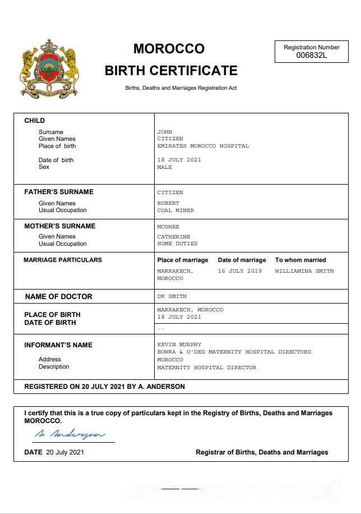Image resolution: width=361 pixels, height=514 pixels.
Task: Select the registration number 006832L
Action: click(312, 55)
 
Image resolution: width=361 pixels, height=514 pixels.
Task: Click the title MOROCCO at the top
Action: click(169, 49)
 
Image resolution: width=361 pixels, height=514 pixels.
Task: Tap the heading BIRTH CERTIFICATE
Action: click(171, 71)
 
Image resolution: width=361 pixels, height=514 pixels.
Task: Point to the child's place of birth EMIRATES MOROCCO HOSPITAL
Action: click(203, 146)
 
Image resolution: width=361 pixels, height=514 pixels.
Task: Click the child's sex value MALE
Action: click(165, 167)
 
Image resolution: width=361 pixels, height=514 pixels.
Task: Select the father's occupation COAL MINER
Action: click(175, 210)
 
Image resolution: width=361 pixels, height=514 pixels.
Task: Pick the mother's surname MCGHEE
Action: click(168, 227)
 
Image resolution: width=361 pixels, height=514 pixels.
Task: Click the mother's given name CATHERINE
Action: click(174, 237)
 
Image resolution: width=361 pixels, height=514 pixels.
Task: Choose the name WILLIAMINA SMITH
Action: click(304, 271)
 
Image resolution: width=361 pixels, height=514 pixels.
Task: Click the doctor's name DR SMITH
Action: click(172, 296)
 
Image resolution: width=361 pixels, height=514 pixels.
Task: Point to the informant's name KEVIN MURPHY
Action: click(179, 345)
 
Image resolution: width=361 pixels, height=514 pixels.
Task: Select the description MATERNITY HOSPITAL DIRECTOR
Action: click(206, 368)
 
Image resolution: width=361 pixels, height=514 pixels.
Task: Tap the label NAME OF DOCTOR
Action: click(59, 296)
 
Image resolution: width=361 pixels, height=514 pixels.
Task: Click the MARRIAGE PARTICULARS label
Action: click(63, 260)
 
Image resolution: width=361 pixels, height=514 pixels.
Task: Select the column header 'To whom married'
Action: click(300, 260)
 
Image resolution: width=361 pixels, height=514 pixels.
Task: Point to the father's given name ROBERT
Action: click(168, 203)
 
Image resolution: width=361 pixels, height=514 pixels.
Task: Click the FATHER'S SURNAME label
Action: click(59, 192)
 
